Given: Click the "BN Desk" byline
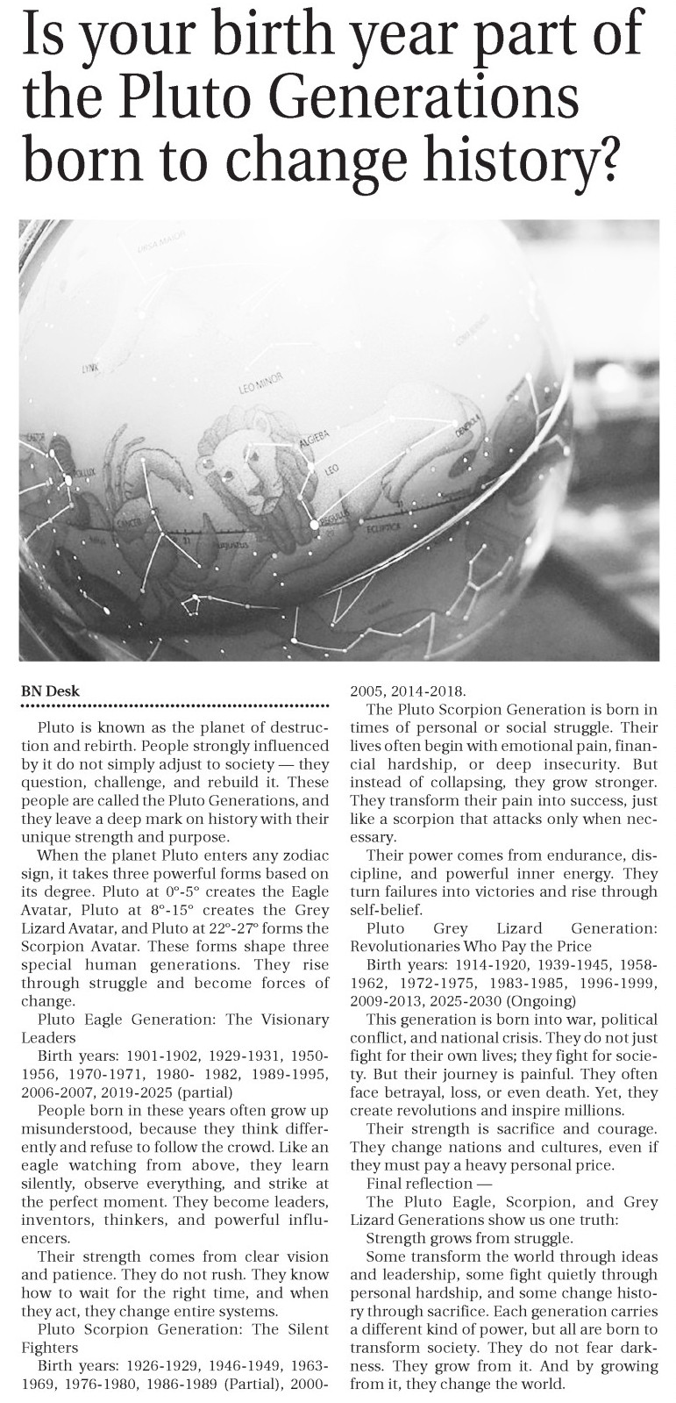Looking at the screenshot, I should click(50, 691).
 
